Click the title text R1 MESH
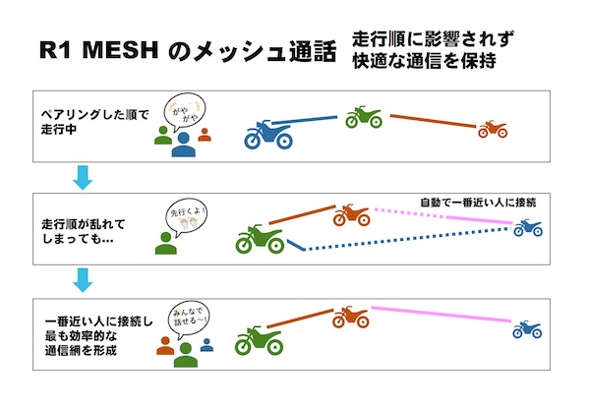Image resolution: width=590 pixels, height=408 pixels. click(98, 49)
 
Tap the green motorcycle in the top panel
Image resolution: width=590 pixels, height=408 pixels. click(364, 118)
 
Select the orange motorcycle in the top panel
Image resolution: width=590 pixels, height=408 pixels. click(491, 129)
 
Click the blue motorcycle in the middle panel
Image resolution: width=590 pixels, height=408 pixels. click(528, 229)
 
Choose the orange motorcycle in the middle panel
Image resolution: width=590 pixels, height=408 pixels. click(348, 215)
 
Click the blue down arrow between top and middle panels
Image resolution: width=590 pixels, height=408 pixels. click(84, 179)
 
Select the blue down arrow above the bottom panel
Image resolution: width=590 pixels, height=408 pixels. click(84, 279)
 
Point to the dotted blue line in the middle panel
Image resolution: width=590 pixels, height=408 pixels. click(403, 240)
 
